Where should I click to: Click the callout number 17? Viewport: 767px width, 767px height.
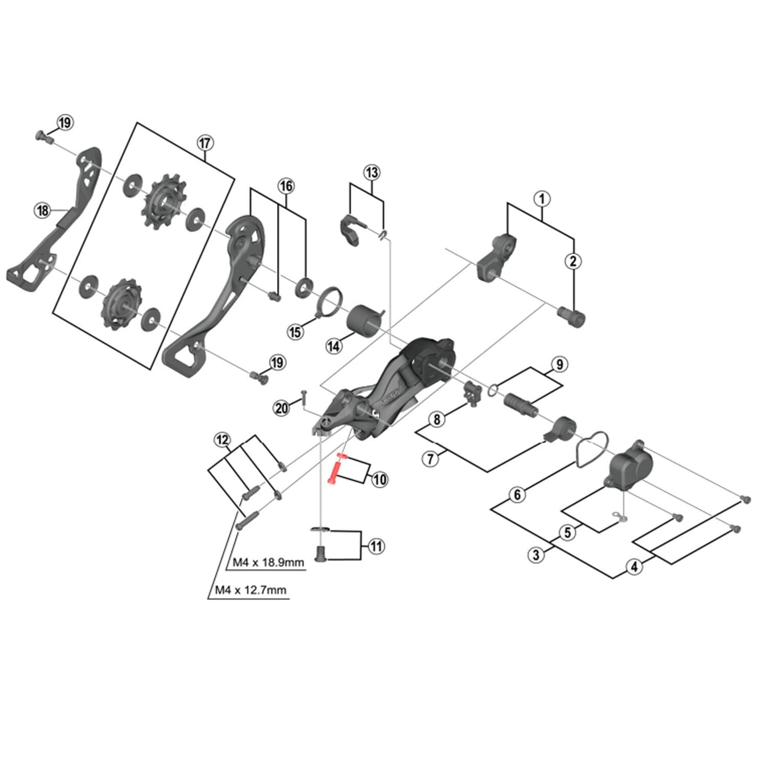[205, 143]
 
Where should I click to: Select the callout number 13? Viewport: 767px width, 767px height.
[372, 173]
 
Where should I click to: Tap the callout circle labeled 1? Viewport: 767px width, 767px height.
[541, 199]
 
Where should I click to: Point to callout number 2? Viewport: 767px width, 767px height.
[573, 261]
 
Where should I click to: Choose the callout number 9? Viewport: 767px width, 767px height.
[559, 365]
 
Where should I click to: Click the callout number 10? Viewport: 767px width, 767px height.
[380, 480]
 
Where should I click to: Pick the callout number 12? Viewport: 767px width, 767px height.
[222, 440]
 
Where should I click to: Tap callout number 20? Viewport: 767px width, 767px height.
[282, 408]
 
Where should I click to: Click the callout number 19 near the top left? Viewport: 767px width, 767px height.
[65, 123]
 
